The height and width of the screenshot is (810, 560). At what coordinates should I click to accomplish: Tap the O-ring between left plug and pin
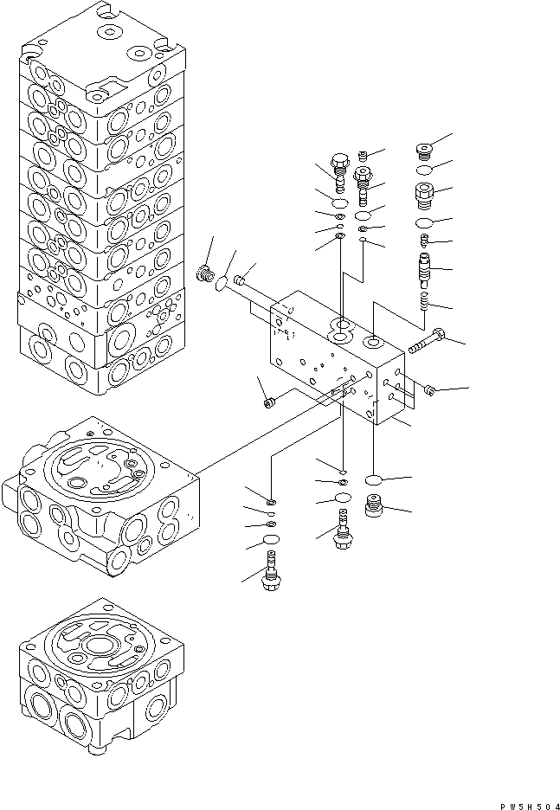point(222,281)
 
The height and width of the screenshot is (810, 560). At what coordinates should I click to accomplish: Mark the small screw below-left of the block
point(268,401)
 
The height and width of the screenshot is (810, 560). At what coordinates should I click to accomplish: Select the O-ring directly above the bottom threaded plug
point(374,479)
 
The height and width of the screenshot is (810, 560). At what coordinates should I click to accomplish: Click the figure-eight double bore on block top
point(342,327)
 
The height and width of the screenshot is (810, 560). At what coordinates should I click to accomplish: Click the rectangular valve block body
point(338,363)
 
